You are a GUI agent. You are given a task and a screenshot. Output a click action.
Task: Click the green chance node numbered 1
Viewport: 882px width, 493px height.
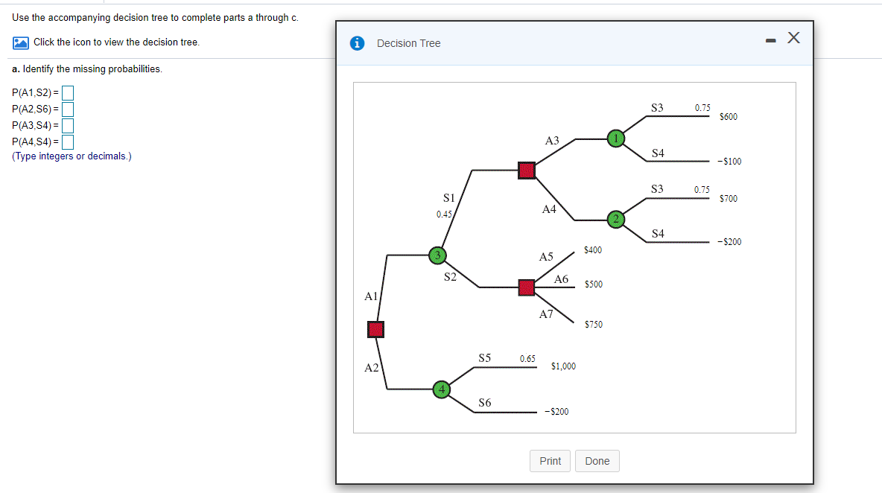[616, 139]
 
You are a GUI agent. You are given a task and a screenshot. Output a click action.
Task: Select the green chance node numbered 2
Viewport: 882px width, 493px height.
[616, 219]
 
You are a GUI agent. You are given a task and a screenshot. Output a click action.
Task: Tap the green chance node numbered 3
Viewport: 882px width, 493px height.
[439, 255]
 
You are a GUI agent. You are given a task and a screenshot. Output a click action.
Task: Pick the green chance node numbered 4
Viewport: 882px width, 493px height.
[442, 389]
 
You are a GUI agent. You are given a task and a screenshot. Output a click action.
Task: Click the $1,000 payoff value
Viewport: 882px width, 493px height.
[563, 366]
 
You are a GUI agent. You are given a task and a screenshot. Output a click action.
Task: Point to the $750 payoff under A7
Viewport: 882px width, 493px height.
[594, 325]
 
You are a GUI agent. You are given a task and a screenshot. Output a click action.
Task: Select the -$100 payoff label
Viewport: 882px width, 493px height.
[729, 162]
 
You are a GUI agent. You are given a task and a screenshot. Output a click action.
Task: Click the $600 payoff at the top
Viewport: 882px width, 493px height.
[729, 117]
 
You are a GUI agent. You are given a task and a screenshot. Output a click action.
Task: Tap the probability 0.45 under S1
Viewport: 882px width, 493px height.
[444, 214]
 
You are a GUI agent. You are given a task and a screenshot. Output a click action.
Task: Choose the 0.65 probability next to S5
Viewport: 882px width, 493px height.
[527, 359]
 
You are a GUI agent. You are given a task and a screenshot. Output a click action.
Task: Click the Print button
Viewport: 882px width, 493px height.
[551, 461]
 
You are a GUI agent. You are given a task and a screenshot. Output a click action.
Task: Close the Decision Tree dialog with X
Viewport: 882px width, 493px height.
[794, 39]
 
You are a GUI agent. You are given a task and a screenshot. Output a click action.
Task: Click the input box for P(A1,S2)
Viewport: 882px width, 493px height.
[68, 93]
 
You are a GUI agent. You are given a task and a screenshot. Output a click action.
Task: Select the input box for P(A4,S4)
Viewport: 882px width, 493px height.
[68, 141]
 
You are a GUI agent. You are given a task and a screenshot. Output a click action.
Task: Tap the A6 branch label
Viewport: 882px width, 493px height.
[562, 279]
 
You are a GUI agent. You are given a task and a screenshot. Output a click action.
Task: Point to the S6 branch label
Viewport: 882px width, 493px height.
[485, 403]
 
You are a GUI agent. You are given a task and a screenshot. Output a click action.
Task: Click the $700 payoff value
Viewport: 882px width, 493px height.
[729, 199]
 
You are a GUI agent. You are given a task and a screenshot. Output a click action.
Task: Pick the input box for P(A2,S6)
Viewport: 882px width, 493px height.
[68, 109]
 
